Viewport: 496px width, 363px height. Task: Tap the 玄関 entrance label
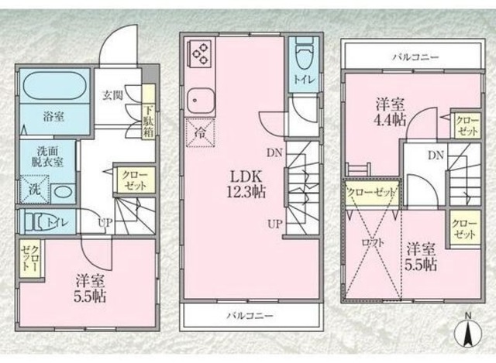(112, 97)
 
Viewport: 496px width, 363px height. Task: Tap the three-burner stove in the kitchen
(201, 52)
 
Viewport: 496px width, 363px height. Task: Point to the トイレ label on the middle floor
(302, 78)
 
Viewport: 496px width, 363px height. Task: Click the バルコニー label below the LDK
(249, 316)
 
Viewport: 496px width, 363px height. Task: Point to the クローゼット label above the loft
(370, 191)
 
